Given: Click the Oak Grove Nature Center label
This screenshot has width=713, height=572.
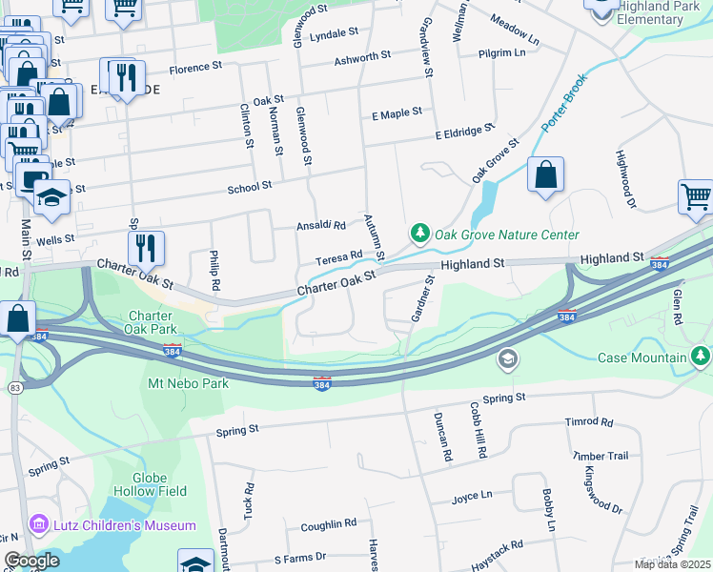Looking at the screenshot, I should (x=506, y=235).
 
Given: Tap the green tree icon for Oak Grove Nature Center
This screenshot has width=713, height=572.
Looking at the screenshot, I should (x=419, y=234).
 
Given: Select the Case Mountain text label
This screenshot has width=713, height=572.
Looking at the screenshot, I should (x=642, y=357).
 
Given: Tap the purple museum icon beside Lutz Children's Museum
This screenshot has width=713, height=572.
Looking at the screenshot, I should (x=38, y=524).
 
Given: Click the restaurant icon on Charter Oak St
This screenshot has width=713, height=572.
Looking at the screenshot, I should (x=146, y=248).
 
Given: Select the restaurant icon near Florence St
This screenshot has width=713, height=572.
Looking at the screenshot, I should (x=127, y=76).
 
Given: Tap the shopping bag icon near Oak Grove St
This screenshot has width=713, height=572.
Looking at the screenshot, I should (x=545, y=175).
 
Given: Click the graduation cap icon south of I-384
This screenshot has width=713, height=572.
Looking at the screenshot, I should (x=508, y=358).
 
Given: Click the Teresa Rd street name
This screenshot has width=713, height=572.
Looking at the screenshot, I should (x=339, y=256).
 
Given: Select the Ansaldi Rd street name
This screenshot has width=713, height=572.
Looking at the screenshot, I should (x=320, y=226).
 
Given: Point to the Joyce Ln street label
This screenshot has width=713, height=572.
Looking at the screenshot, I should (x=472, y=496).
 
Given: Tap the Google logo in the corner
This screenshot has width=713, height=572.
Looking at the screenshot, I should (x=31, y=560).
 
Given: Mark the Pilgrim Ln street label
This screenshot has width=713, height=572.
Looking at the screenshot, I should (x=502, y=52).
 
